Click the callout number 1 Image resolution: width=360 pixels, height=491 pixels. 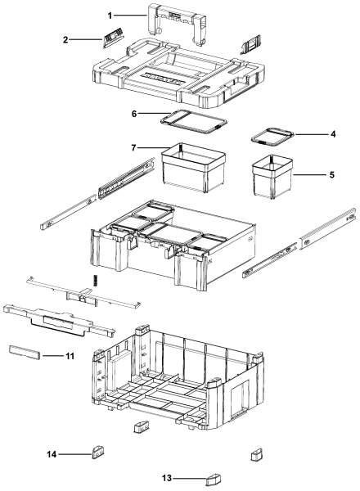110,16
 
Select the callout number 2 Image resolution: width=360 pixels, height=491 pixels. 65,40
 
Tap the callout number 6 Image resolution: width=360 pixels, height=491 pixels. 134,114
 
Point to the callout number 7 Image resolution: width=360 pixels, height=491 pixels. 134,147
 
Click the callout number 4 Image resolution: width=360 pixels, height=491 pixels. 333,134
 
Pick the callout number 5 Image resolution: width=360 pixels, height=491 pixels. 332,175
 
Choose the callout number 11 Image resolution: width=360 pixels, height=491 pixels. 70,356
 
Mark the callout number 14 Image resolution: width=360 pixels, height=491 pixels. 52,454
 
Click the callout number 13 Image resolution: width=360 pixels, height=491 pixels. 167,478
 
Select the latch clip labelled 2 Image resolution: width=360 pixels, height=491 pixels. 112,38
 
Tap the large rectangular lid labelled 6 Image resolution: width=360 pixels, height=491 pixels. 193,122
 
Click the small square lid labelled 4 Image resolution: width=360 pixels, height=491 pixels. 272,136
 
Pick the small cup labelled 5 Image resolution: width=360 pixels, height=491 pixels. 272,177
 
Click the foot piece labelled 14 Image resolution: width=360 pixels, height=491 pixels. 98,453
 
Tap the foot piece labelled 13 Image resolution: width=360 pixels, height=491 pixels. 214,479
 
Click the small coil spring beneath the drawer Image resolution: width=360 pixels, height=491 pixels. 96,279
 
